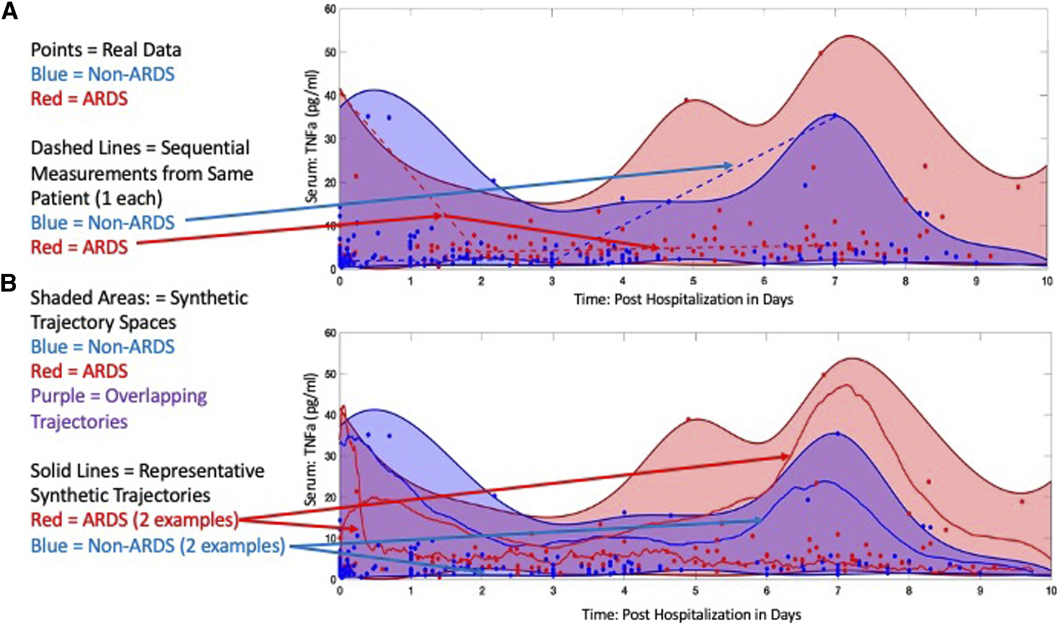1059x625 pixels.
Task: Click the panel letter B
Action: point(8,283)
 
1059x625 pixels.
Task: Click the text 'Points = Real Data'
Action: point(106,50)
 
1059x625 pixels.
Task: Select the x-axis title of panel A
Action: point(683,299)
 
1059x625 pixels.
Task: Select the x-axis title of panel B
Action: point(691,614)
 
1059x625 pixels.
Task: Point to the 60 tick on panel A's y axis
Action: point(329,9)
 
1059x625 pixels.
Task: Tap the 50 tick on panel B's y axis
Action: point(329,374)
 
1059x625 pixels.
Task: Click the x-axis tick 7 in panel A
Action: point(835,281)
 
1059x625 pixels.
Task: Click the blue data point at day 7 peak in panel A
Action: point(835,115)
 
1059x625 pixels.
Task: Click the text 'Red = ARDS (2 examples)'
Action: point(134,520)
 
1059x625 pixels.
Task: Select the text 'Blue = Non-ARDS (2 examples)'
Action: point(158,546)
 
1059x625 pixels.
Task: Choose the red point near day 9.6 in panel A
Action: point(1018,187)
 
